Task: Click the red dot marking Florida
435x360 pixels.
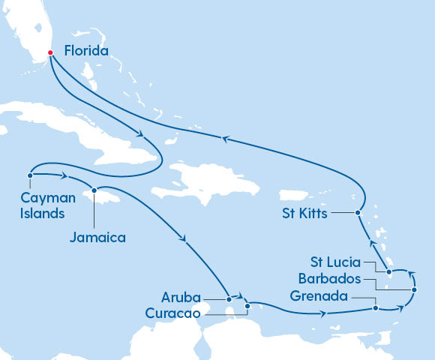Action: click(50, 52)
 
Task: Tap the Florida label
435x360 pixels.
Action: click(85, 52)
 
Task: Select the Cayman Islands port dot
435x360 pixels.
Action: click(29, 176)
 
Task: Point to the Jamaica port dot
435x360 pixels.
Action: click(94, 190)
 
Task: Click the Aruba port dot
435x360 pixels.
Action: click(229, 299)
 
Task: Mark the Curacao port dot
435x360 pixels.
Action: click(247, 306)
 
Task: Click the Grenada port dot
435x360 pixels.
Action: click(376, 307)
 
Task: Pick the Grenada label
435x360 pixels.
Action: click(319, 296)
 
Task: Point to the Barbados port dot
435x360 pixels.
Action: click(413, 289)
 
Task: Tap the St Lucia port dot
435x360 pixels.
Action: click(388, 271)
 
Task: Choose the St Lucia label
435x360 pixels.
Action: click(335, 262)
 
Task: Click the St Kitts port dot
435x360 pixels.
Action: click(358, 213)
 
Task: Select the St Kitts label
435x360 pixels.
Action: click(306, 213)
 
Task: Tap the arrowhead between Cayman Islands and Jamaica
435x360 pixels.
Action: click(66, 177)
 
